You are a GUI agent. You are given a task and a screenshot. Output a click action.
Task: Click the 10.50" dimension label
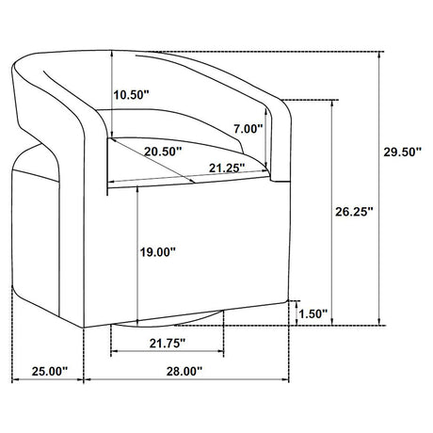[x=131, y=94]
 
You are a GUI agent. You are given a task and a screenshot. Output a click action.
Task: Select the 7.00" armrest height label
[x=248, y=129]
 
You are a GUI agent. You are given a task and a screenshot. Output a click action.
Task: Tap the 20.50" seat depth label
[x=163, y=152]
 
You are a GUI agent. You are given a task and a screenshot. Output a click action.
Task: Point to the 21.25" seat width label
[x=227, y=168]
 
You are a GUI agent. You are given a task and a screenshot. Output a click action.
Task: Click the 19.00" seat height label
[x=158, y=252]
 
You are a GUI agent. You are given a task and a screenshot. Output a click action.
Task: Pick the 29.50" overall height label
[x=402, y=152]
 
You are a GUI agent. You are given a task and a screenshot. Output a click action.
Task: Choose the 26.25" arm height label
[x=354, y=212]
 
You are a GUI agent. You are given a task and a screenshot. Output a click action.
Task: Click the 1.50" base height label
[x=313, y=313]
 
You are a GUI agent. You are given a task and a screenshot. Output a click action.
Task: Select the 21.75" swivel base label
[x=168, y=344]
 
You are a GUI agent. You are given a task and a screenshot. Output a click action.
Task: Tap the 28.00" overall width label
[x=184, y=372]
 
